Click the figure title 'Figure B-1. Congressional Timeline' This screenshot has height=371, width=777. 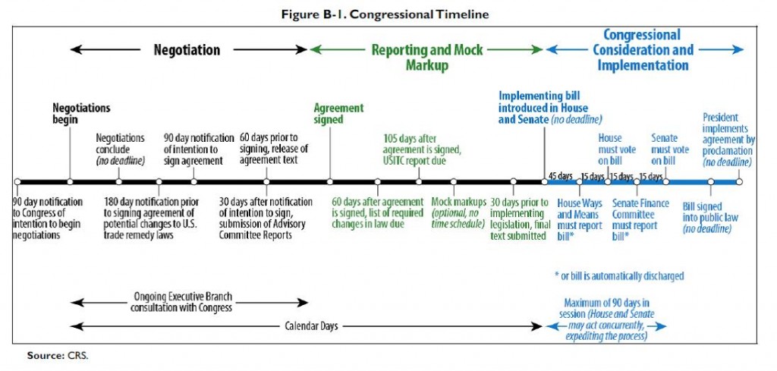pos(385,14)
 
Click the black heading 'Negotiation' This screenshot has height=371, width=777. pos(187,50)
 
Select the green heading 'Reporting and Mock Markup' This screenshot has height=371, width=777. pos(427,57)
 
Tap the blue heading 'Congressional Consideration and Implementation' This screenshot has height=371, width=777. pos(643,49)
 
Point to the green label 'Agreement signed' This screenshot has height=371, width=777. pos(339,114)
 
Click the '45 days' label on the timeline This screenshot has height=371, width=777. pos(561,176)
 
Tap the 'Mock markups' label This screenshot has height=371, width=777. pos(459,202)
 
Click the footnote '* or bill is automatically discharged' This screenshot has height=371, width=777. pos(619,275)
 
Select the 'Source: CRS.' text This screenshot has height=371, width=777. pos(57,355)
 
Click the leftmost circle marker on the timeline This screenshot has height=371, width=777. pos(17,182)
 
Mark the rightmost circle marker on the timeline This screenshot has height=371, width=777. pos(739,182)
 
